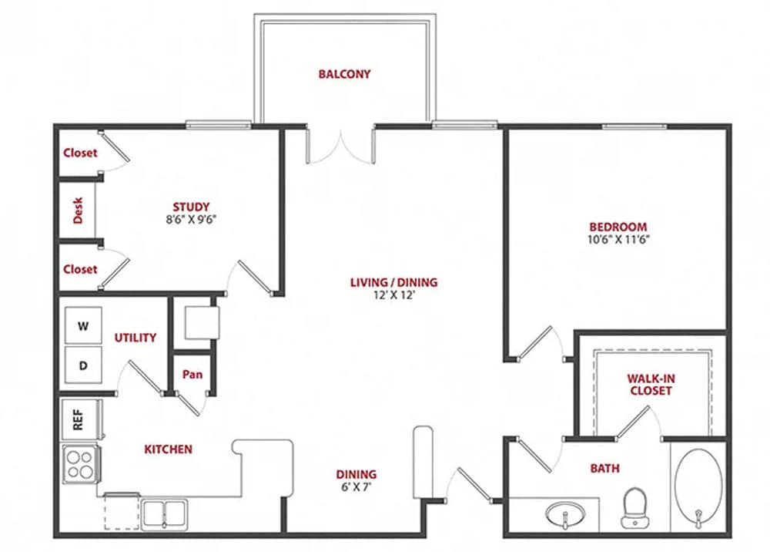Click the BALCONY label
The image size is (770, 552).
tap(344, 75)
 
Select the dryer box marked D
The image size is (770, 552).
tap(84, 365)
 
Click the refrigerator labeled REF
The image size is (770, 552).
tap(78, 419)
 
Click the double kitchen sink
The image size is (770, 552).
tap(164, 513)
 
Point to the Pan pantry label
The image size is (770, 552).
tap(192, 375)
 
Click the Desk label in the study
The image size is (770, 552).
tap(78, 210)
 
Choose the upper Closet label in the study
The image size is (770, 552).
tap(80, 153)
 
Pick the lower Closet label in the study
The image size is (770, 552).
tap(80, 269)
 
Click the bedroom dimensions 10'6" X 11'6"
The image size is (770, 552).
tap(618, 239)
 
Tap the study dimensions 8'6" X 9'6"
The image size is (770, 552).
tap(191, 219)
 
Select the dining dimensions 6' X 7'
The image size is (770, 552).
tap(356, 487)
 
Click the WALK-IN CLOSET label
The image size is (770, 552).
tap(649, 385)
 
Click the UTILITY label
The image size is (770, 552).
tap(136, 338)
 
